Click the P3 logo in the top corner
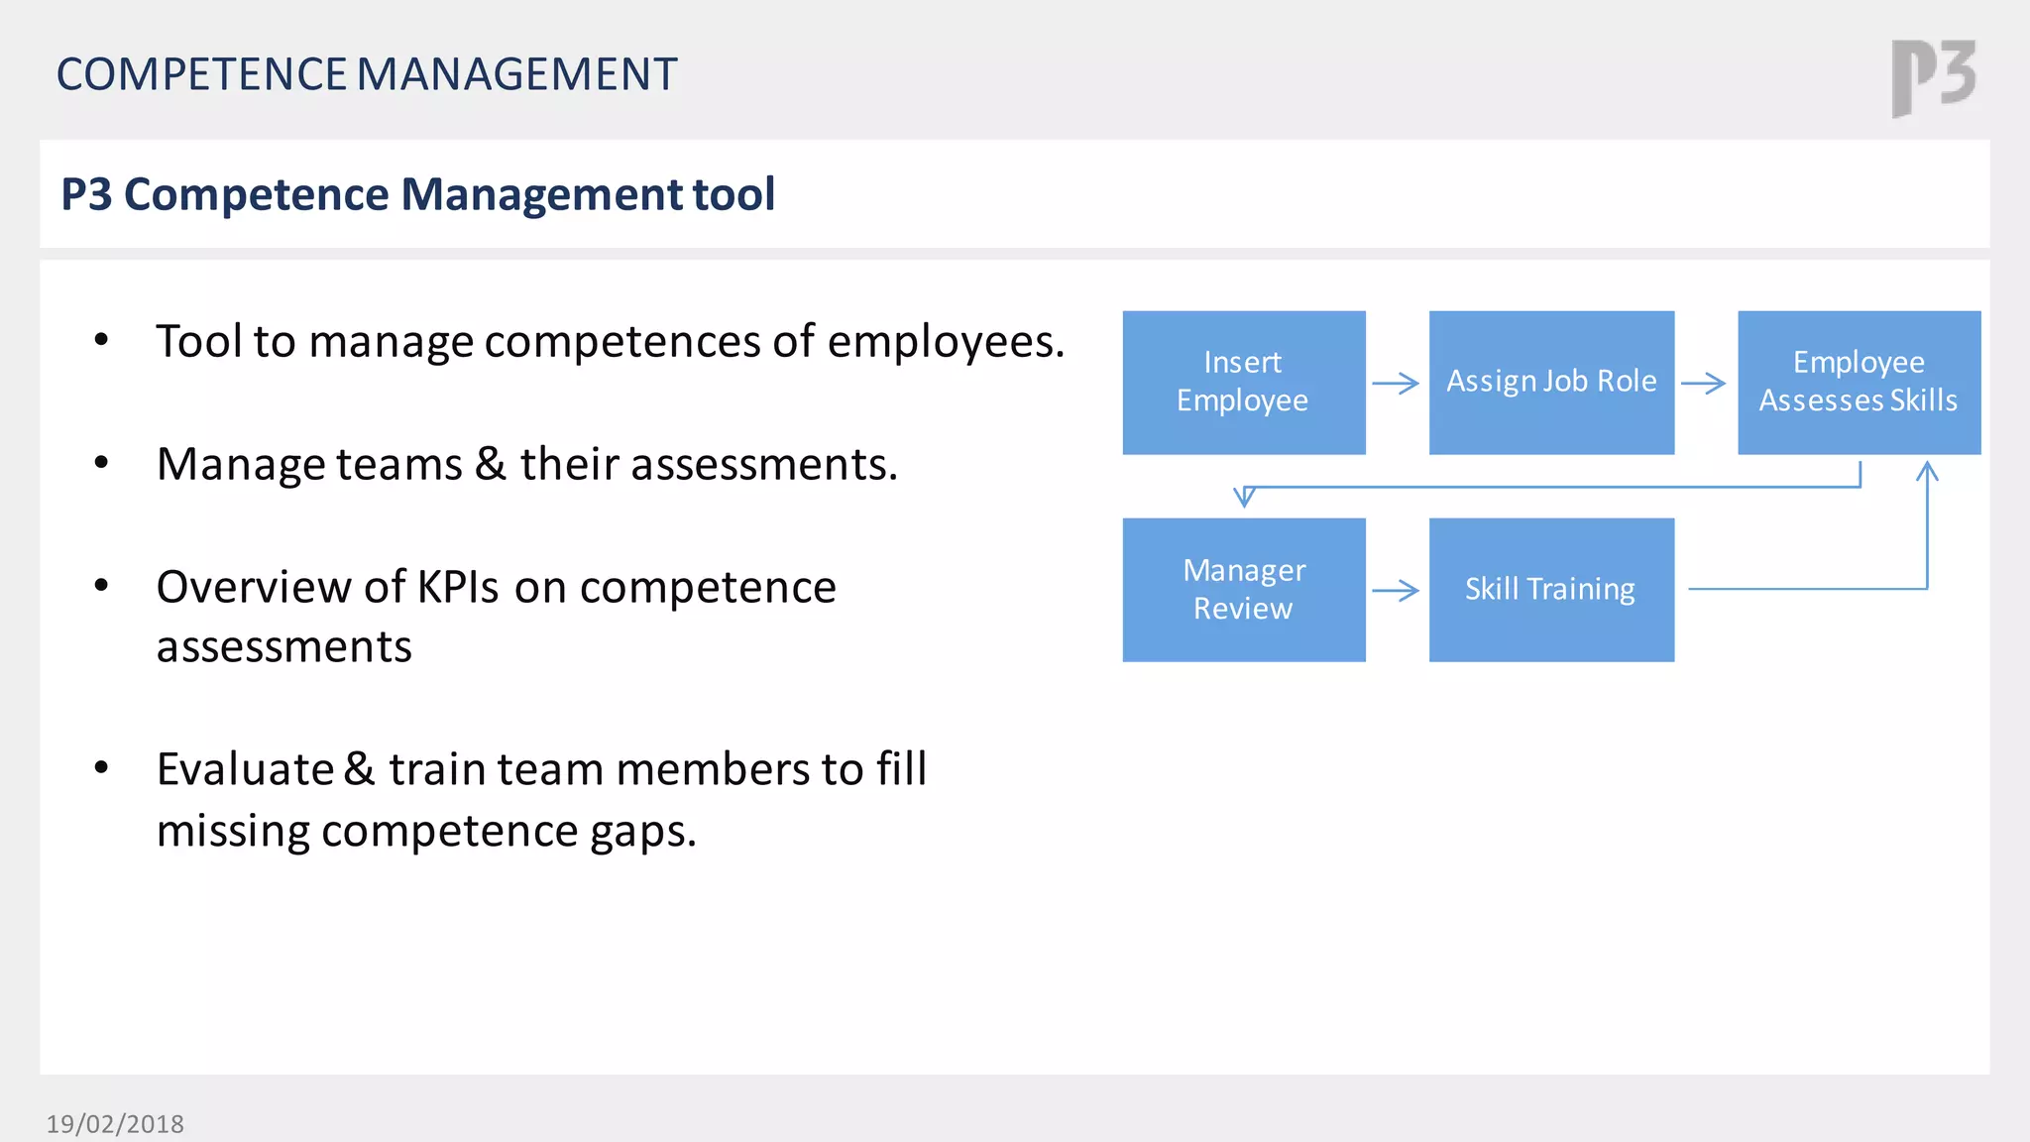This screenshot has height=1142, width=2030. point(1933,77)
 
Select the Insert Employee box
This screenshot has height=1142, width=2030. point(1243,383)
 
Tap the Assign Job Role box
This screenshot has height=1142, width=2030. point(1551,383)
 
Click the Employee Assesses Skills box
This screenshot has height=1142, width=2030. point(1859,383)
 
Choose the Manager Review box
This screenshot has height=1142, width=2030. point(1243,590)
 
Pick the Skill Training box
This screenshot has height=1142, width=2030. point(1551,590)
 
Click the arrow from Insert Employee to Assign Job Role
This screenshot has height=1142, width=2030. point(1396,384)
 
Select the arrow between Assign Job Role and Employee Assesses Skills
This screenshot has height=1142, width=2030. point(1704,384)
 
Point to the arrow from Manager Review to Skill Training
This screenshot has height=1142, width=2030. point(1396,591)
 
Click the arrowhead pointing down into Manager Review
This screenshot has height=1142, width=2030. point(1245,497)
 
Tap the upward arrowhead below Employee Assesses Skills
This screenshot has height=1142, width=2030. point(1927,471)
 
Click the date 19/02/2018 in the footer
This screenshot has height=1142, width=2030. point(115,1124)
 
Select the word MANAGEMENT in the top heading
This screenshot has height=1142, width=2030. point(516,75)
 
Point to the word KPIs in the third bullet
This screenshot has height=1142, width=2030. point(457,587)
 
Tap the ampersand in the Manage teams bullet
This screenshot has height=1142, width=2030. point(490,464)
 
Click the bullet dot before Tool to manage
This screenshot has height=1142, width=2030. point(101,340)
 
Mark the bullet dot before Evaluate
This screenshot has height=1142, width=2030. point(101,767)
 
